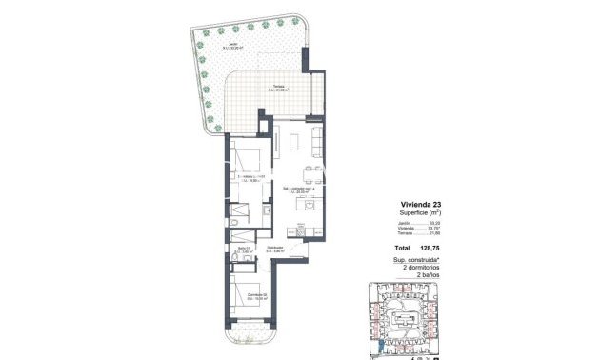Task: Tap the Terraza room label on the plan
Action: [x=278, y=90]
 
